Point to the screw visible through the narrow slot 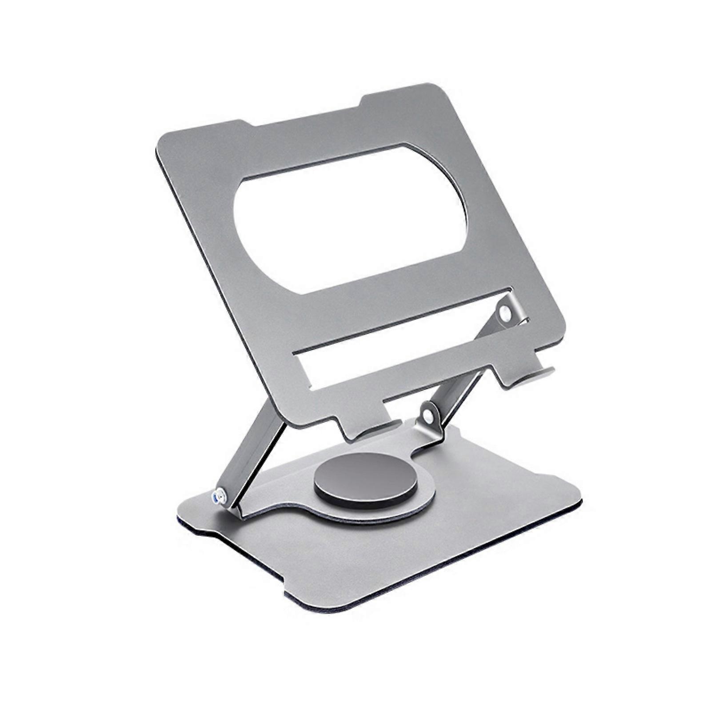504,313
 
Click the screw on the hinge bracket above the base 427,415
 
